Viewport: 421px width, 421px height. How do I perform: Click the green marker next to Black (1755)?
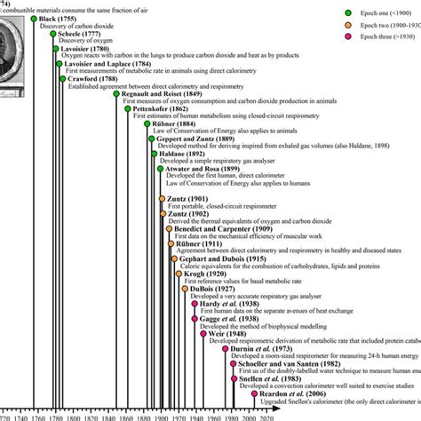click(x=34, y=18)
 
